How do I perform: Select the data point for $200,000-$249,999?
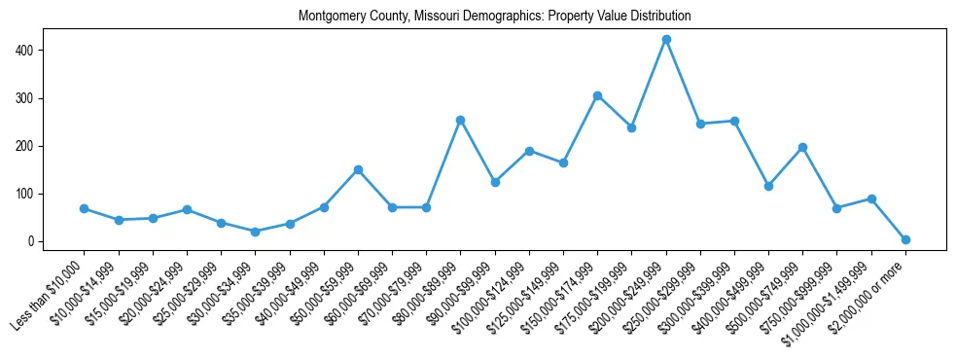tap(666, 40)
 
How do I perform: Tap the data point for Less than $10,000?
tap(85, 208)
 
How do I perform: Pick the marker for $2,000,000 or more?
tap(905, 239)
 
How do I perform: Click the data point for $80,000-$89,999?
tap(461, 120)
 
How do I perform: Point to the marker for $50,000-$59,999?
tap(358, 169)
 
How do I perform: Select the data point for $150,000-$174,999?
tap(597, 95)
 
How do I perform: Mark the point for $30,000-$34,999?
tap(256, 232)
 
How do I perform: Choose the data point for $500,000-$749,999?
tap(802, 147)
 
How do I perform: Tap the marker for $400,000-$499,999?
tap(768, 186)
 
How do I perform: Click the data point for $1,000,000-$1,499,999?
tap(871, 198)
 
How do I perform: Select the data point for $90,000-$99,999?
tap(495, 182)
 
